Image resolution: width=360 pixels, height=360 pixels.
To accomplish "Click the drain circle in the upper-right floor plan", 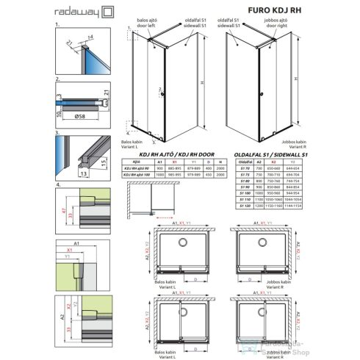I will (263, 242).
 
